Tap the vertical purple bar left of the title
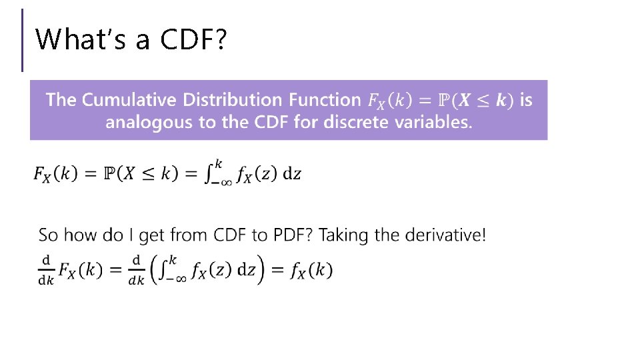coord(23,40)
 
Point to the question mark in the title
coord(221,39)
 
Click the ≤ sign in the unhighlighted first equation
coord(149,174)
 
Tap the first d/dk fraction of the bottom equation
coord(46,270)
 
